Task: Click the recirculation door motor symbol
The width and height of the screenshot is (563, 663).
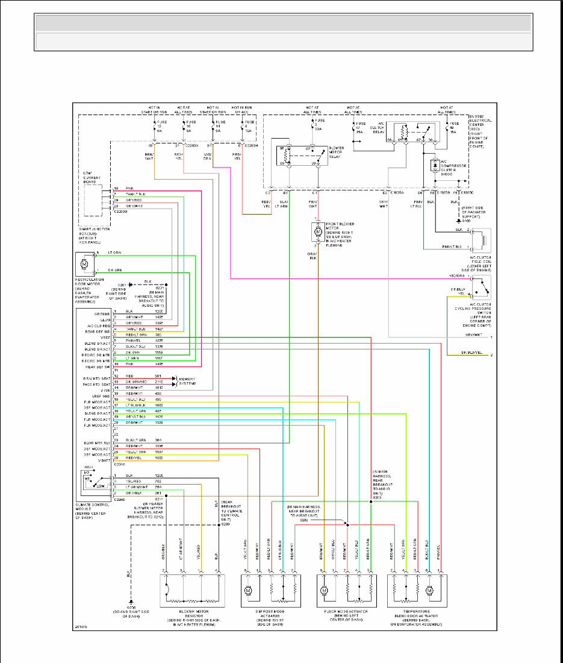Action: click(84, 263)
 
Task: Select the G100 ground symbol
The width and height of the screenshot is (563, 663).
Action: click(459, 221)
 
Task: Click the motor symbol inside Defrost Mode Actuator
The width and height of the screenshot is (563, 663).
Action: click(247, 591)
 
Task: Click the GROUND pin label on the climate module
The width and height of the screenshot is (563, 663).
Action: click(102, 314)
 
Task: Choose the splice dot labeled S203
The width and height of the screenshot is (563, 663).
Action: click(371, 501)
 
